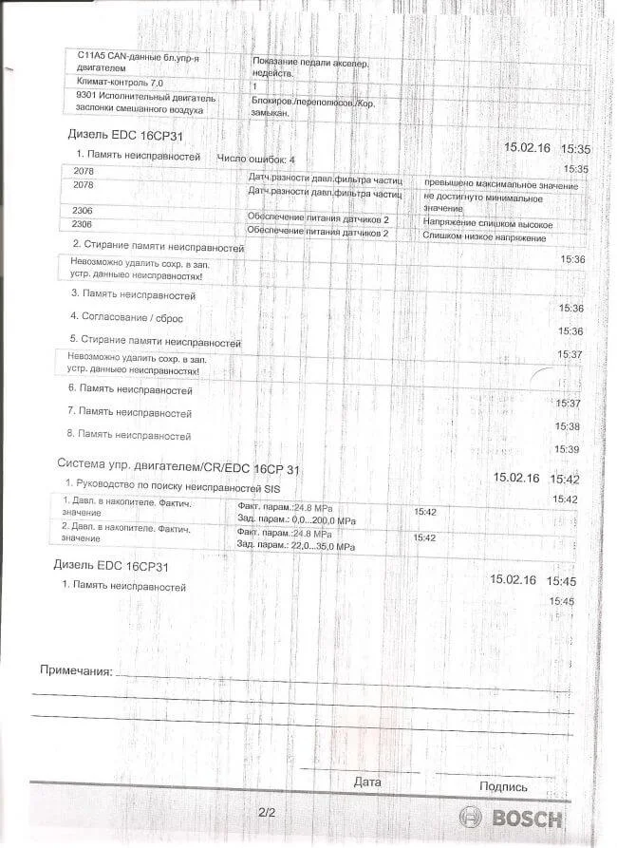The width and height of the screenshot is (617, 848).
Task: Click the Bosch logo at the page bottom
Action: click(x=511, y=818)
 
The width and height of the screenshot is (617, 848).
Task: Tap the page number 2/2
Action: click(x=266, y=813)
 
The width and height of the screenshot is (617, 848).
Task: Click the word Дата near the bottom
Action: click(x=366, y=782)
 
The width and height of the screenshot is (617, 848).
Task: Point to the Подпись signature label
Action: click(x=503, y=786)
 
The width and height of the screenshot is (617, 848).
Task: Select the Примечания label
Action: click(x=75, y=670)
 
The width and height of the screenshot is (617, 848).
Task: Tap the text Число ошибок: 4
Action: click(x=256, y=159)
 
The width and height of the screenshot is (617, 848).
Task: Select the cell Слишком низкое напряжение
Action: click(x=486, y=234)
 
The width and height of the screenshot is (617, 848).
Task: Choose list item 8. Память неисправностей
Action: click(x=129, y=435)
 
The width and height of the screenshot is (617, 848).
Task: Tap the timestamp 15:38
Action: click(x=568, y=426)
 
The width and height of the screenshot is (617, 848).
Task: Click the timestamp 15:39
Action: click(x=567, y=448)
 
